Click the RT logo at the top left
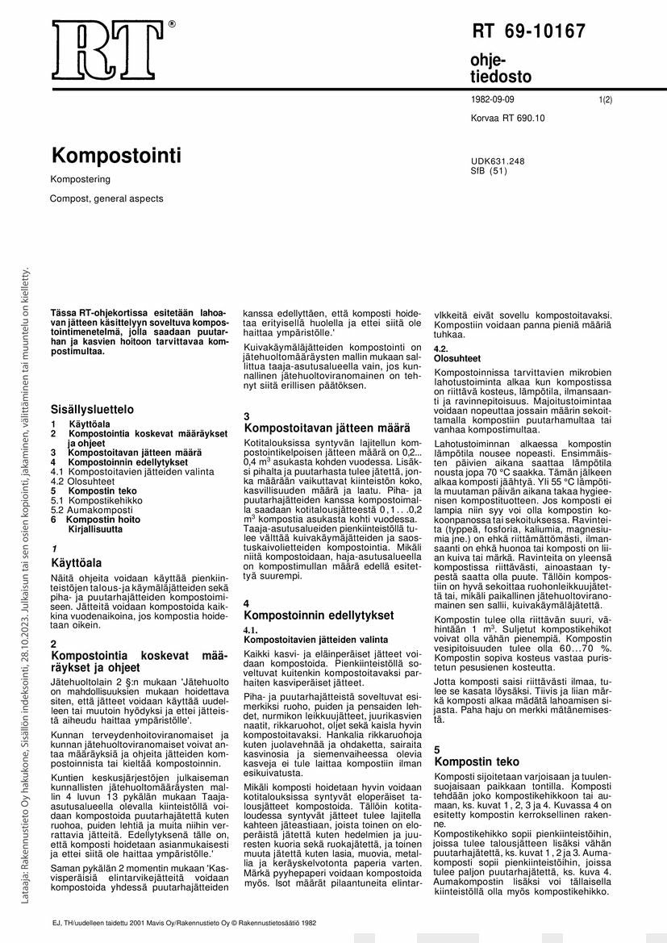pyautogui.click(x=105, y=50)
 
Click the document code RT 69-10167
pyautogui.click(x=528, y=32)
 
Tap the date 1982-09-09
pyautogui.click(x=492, y=100)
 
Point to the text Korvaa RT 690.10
pyautogui.click(x=507, y=118)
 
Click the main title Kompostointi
pyautogui.click(x=116, y=155)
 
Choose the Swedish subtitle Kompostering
pyautogui.click(x=81, y=179)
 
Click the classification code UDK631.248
pyautogui.click(x=498, y=161)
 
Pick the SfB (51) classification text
pyautogui.click(x=489, y=171)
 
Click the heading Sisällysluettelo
pyautogui.click(x=92, y=409)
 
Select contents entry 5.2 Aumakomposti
pyautogui.click(x=81, y=511)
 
